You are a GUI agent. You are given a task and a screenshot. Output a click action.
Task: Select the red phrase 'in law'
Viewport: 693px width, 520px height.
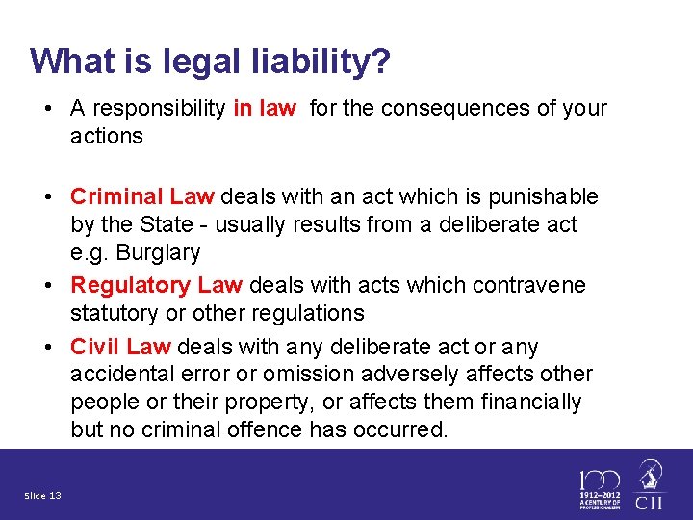tap(265, 108)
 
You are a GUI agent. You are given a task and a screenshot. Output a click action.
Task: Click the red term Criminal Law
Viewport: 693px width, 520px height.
tap(142, 197)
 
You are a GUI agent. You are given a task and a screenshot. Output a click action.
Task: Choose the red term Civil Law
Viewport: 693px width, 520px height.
tap(120, 347)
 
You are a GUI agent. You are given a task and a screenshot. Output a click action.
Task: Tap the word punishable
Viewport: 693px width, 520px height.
tap(545, 197)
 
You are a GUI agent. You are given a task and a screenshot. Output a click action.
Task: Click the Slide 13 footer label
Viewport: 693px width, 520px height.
tap(42, 496)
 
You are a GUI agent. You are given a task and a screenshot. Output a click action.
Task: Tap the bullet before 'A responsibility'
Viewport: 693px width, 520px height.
tap(46, 108)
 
